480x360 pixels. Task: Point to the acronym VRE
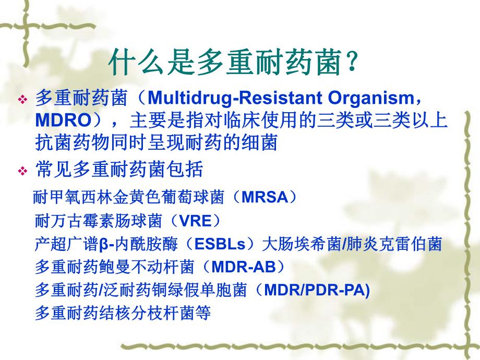click(x=195, y=220)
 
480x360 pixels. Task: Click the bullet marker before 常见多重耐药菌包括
click(x=22, y=171)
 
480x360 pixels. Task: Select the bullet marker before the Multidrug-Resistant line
click(x=22, y=99)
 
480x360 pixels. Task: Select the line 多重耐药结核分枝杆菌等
click(x=123, y=313)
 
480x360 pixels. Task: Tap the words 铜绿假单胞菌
click(x=209, y=290)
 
